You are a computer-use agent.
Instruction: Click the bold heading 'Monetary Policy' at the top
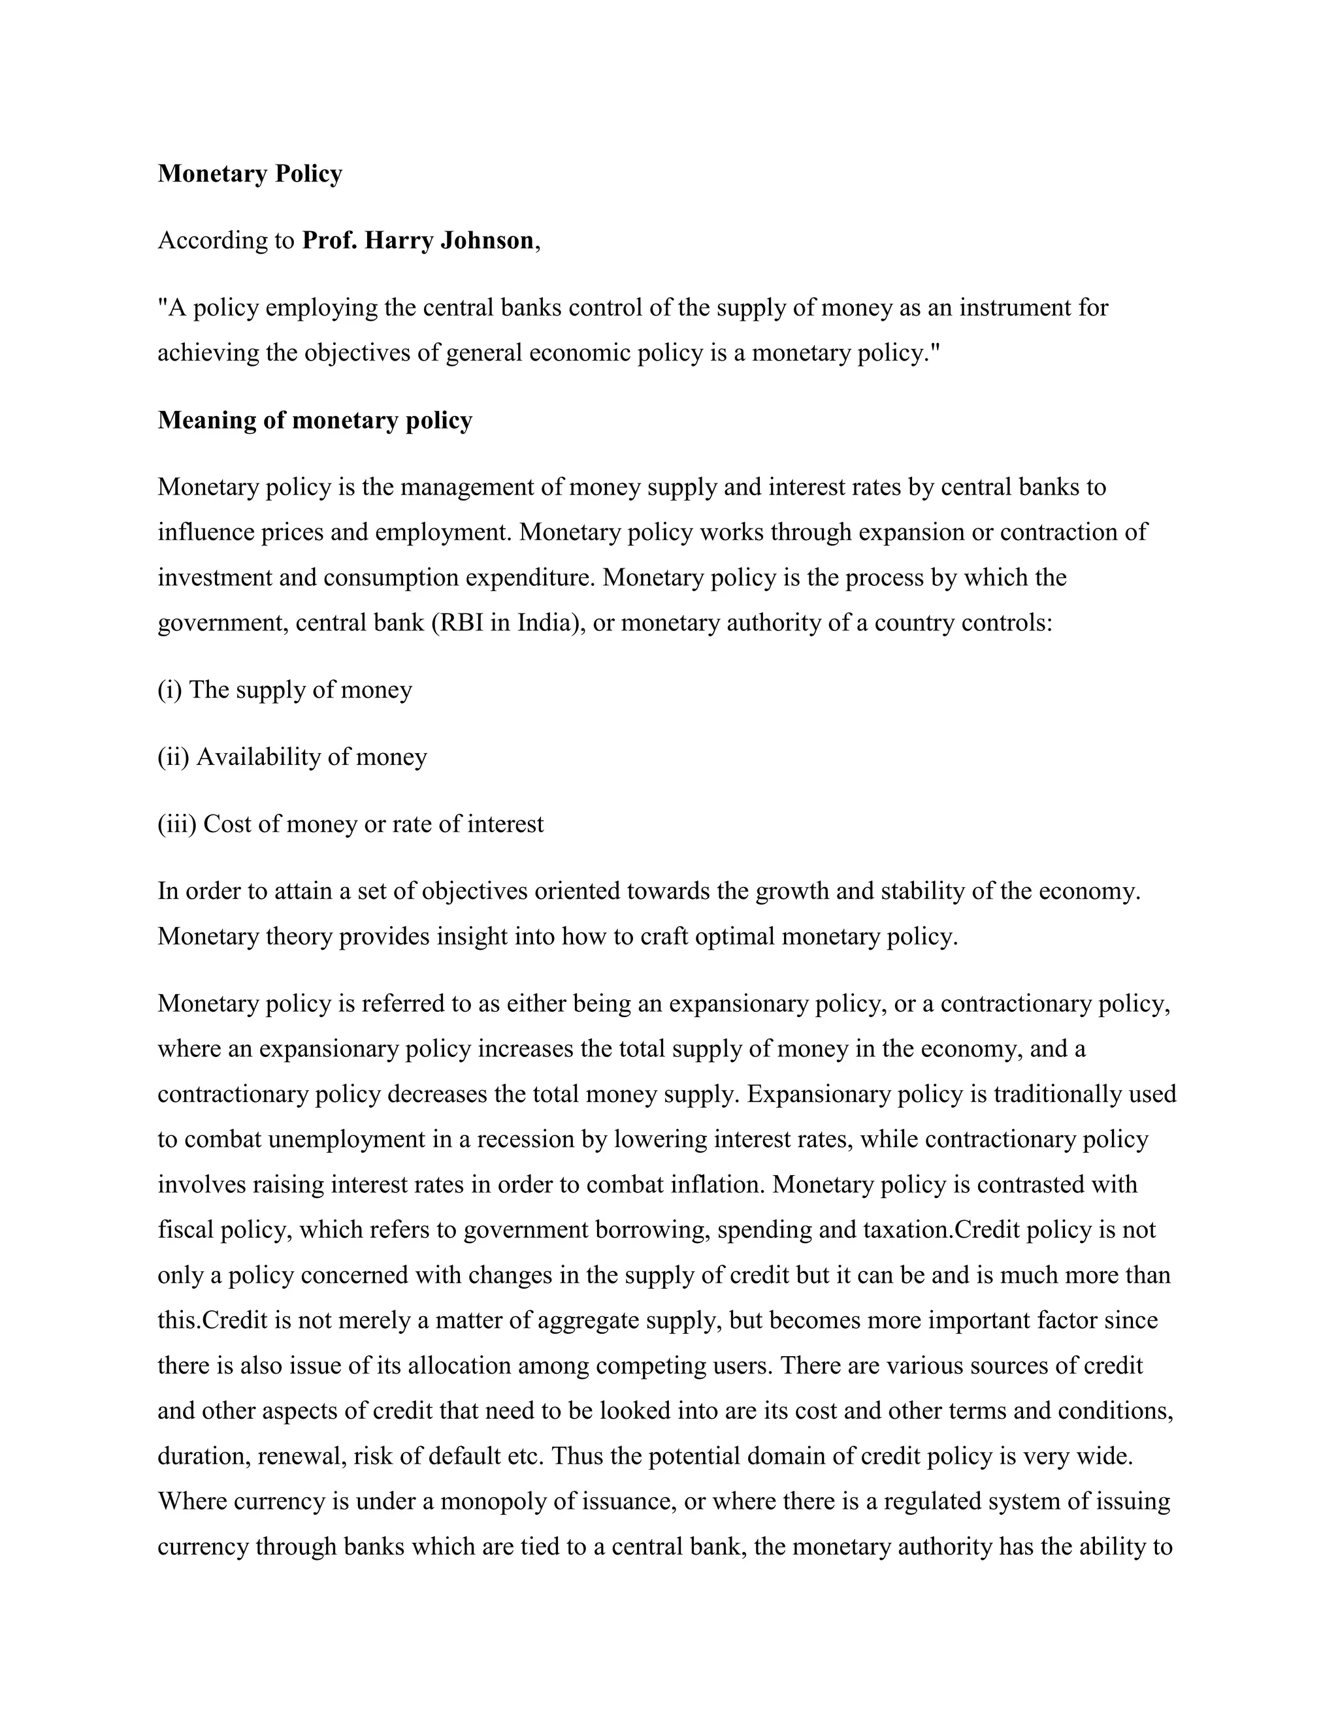click(250, 174)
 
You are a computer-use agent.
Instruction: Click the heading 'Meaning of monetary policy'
click(315, 420)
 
